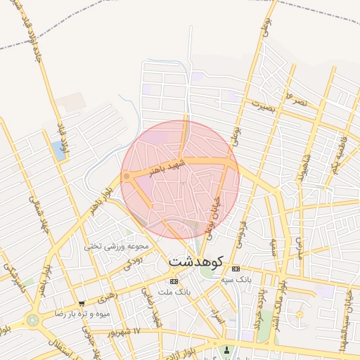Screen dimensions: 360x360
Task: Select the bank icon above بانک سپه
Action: click(236, 269)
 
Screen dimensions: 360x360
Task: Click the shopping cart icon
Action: click(82, 304)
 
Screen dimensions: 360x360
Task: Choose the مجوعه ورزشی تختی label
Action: click(115, 246)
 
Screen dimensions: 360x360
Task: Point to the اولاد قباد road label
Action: click(65, 141)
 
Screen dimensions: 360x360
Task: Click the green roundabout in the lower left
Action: click(32, 320)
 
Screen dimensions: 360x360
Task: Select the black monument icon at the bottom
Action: click(226, 349)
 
